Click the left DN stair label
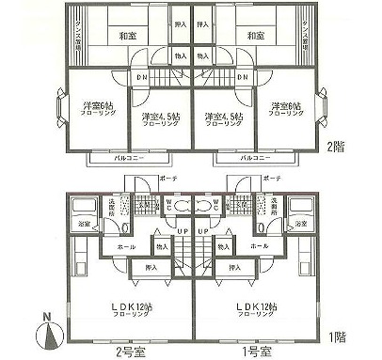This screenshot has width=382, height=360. pos(141,77)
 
